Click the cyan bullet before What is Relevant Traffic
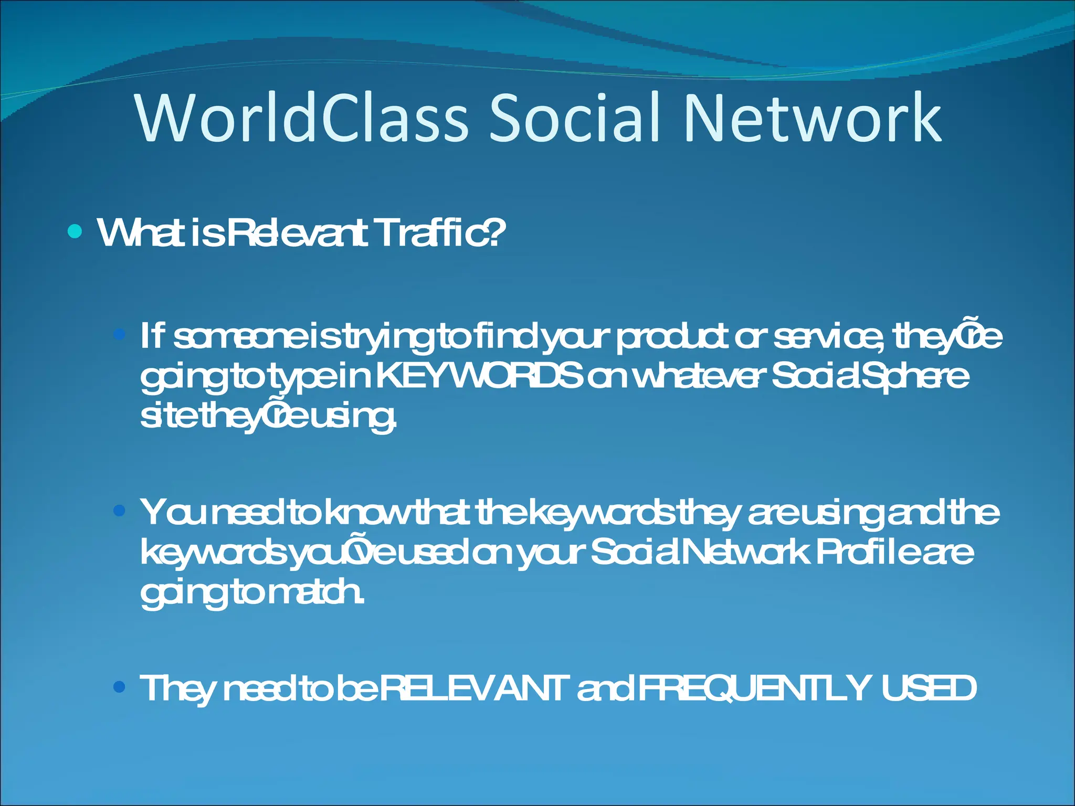75,231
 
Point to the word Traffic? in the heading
441,232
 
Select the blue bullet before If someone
120,334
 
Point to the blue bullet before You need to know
120,510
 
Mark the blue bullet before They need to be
120,686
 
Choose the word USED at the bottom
929,688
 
